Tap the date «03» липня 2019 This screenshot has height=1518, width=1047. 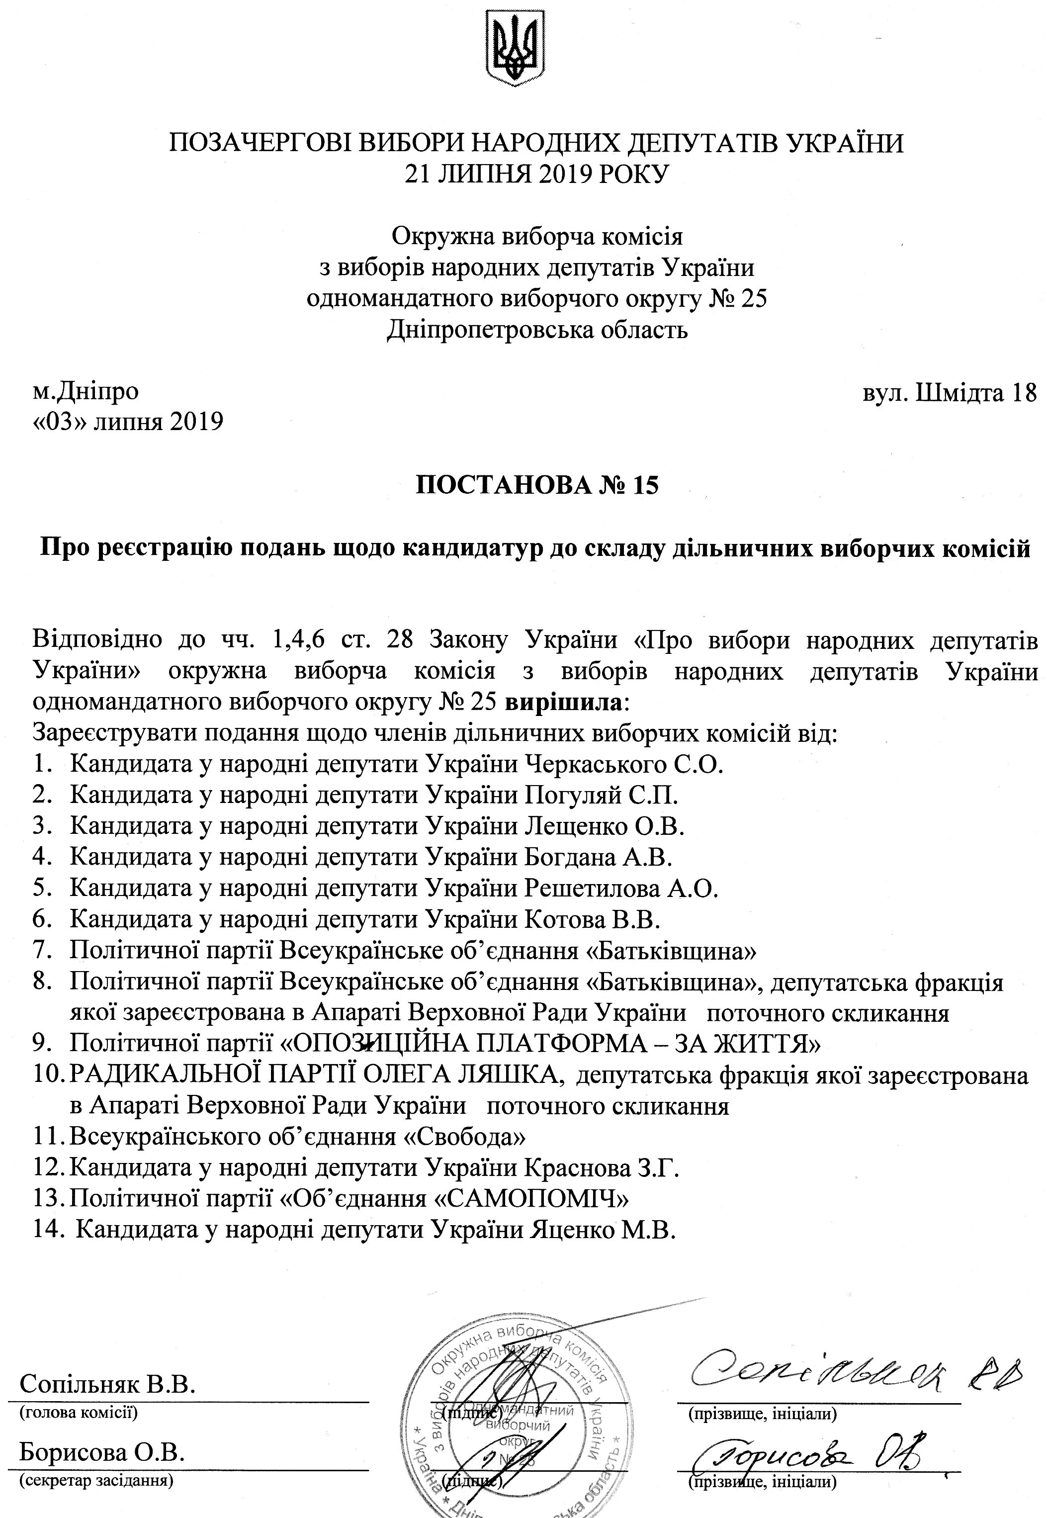coord(128,421)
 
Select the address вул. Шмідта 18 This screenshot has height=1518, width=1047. coord(949,392)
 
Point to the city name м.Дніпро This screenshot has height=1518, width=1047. coord(86,392)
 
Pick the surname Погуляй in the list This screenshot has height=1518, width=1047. coord(573,795)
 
